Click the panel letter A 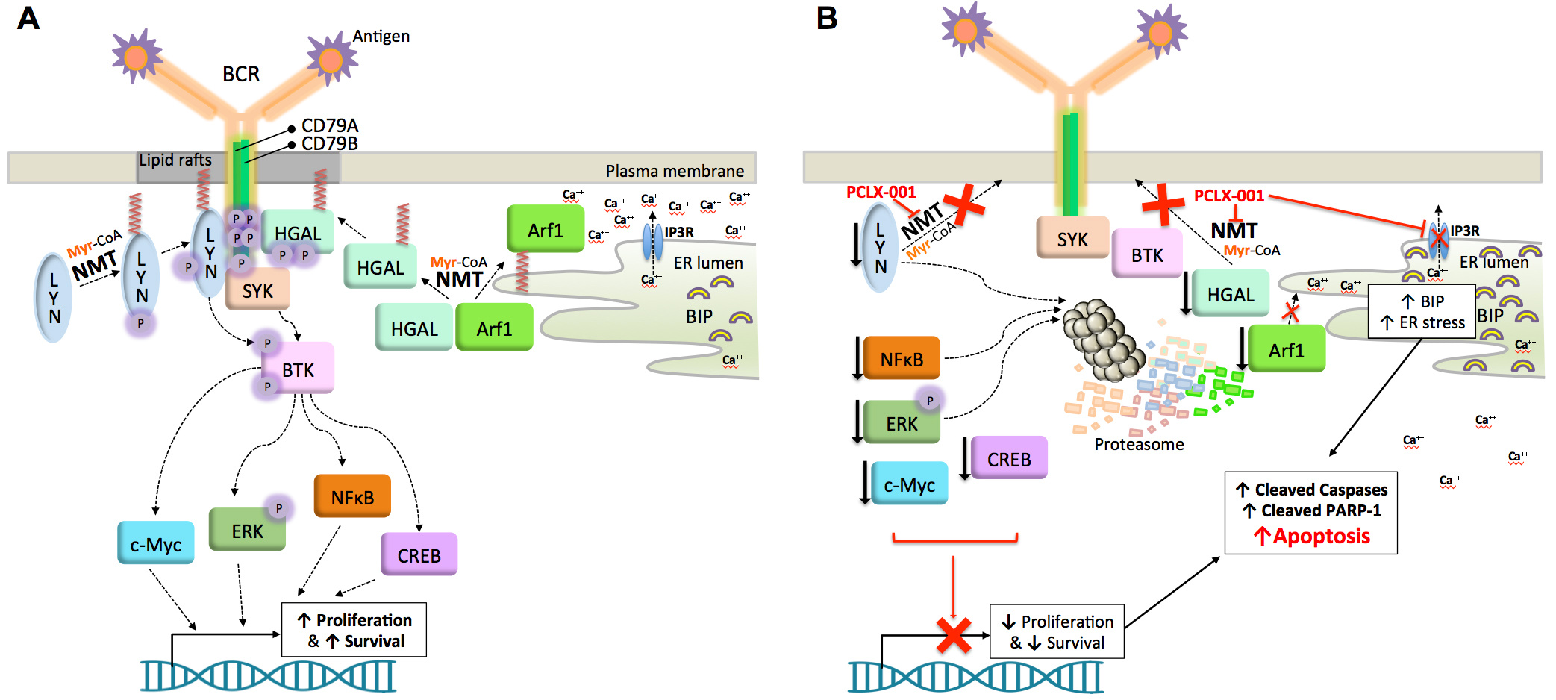28,18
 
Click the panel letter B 827,18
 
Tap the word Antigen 381,36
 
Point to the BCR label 241,74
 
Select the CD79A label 329,125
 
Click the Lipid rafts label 175,160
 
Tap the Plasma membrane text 675,171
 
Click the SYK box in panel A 257,291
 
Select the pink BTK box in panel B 1147,254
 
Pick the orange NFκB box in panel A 352,497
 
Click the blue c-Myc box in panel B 909,485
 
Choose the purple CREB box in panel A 419,555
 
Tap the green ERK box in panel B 902,423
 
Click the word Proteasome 1139,444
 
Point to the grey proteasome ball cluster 1103,339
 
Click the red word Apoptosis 1321,536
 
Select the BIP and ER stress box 1422,312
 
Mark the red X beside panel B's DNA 953,635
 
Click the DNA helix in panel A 269,675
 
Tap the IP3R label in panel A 679,232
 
